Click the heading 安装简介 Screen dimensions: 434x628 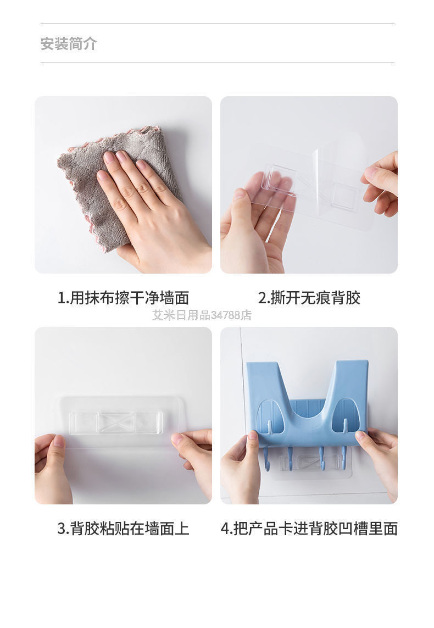(x=69, y=43)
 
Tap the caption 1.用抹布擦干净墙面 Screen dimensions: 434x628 (x=123, y=298)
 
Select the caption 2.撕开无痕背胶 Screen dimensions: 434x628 (x=309, y=298)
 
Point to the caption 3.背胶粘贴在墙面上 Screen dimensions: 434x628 (x=123, y=529)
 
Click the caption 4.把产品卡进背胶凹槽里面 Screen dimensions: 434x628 (x=309, y=529)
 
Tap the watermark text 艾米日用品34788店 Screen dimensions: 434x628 (x=202, y=315)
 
